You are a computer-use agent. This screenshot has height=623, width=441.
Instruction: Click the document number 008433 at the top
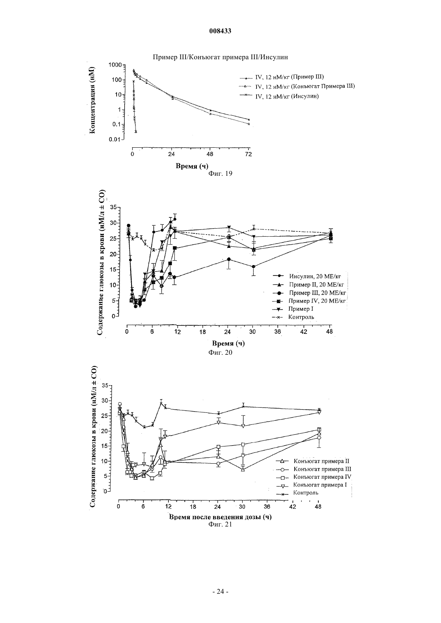220,31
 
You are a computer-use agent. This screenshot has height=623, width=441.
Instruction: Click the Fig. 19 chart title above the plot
220,57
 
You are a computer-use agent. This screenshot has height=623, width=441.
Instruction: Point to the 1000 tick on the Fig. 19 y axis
115,65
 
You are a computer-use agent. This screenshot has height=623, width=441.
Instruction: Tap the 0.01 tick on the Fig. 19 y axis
114,139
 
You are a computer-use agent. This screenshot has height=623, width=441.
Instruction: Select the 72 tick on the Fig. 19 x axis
248,155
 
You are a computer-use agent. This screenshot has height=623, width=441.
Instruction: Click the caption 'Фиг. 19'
220,173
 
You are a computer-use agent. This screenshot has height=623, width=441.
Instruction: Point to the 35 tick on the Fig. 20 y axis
113,207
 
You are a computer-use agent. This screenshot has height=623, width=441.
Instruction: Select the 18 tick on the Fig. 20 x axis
202,332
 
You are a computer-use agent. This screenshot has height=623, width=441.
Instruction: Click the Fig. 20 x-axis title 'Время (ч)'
228,344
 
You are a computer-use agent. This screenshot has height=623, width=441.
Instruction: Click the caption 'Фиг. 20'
220,353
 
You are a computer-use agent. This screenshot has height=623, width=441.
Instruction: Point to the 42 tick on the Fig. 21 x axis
293,507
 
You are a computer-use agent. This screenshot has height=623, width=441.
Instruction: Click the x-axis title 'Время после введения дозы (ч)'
220,517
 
